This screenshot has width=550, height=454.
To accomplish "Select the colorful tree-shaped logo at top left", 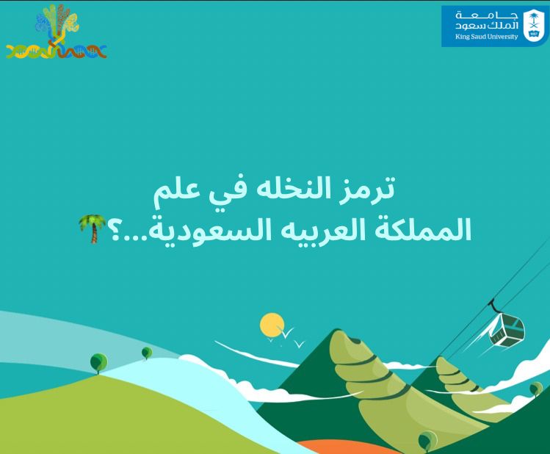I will point(57,31).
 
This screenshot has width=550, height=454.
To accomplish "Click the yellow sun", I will point(272,325).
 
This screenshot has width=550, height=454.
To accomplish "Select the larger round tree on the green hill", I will point(98,362).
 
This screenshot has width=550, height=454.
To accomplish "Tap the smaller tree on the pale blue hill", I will point(146,353).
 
